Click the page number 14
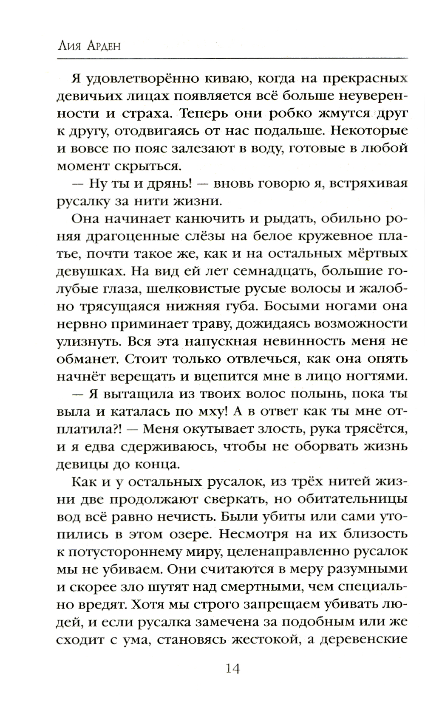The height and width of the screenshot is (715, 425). (x=233, y=669)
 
